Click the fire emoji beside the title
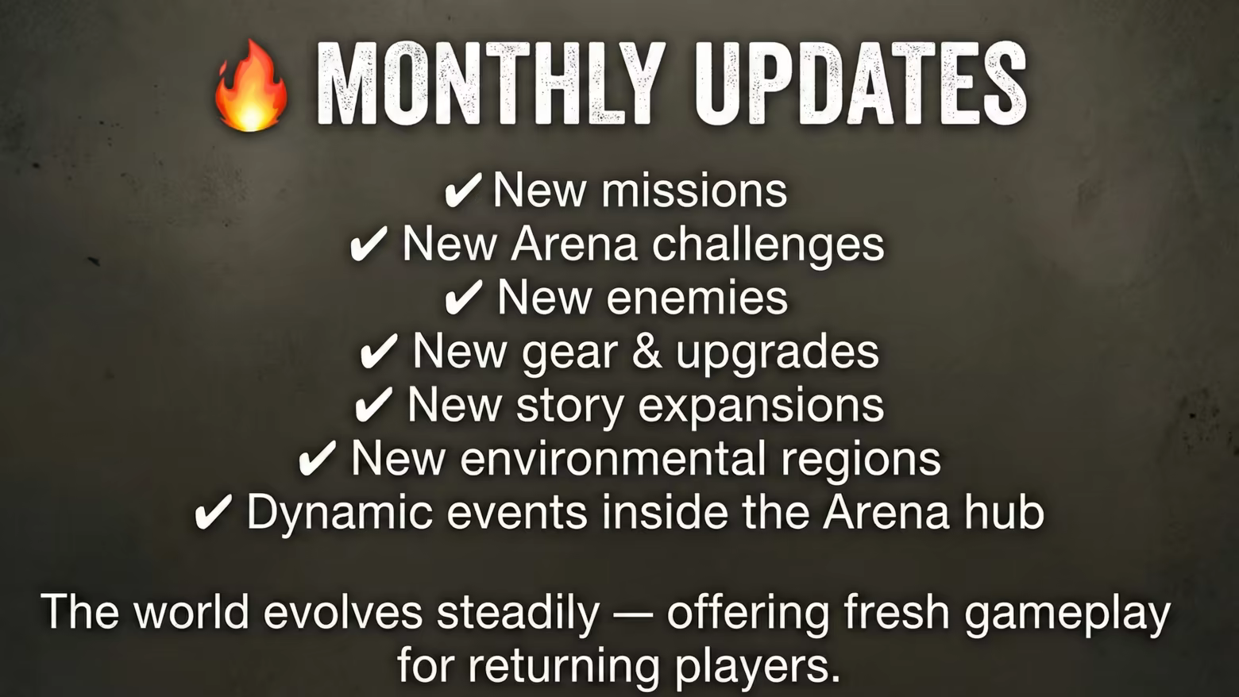click(x=251, y=86)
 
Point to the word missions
click(x=694, y=191)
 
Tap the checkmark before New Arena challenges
click(x=369, y=243)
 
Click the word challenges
click(x=768, y=245)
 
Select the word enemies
click(x=697, y=298)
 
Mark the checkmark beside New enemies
click(x=464, y=297)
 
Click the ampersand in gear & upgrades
click(x=647, y=351)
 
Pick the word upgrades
click(x=777, y=353)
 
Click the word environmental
click(x=613, y=458)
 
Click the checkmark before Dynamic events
click(x=214, y=511)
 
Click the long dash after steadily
click(x=633, y=612)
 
